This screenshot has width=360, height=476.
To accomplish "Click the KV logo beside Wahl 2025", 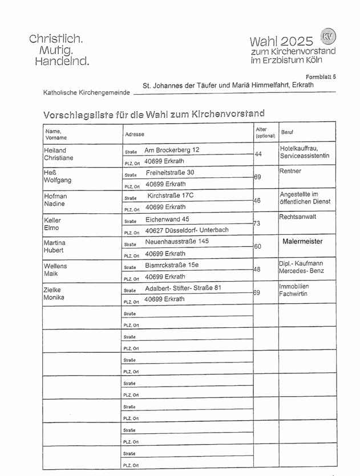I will [328, 36].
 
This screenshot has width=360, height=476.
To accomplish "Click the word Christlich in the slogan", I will [56, 39].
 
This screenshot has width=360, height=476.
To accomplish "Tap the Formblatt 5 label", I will [321, 76].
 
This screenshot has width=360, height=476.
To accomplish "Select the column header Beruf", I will [287, 132].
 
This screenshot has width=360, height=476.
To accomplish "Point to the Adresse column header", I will [134, 134].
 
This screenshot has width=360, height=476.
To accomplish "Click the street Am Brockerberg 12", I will [172, 150].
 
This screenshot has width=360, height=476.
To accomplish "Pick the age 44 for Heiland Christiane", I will [258, 154].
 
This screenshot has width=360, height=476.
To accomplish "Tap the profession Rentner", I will [290, 171].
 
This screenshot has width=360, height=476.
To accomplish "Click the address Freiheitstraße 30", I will [170, 172].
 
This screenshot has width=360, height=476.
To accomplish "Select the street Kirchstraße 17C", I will [171, 196].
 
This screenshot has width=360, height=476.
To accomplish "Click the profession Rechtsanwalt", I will [298, 217].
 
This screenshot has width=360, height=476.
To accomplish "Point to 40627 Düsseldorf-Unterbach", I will [187, 230].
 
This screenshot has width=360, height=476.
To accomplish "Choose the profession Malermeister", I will [302, 241].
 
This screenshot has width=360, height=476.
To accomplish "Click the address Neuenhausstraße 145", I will [177, 241].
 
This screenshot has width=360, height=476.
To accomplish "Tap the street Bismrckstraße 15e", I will [172, 265].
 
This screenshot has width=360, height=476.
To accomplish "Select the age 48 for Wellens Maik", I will [257, 269].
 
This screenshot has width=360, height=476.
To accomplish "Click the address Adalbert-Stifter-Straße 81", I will [183, 288].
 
